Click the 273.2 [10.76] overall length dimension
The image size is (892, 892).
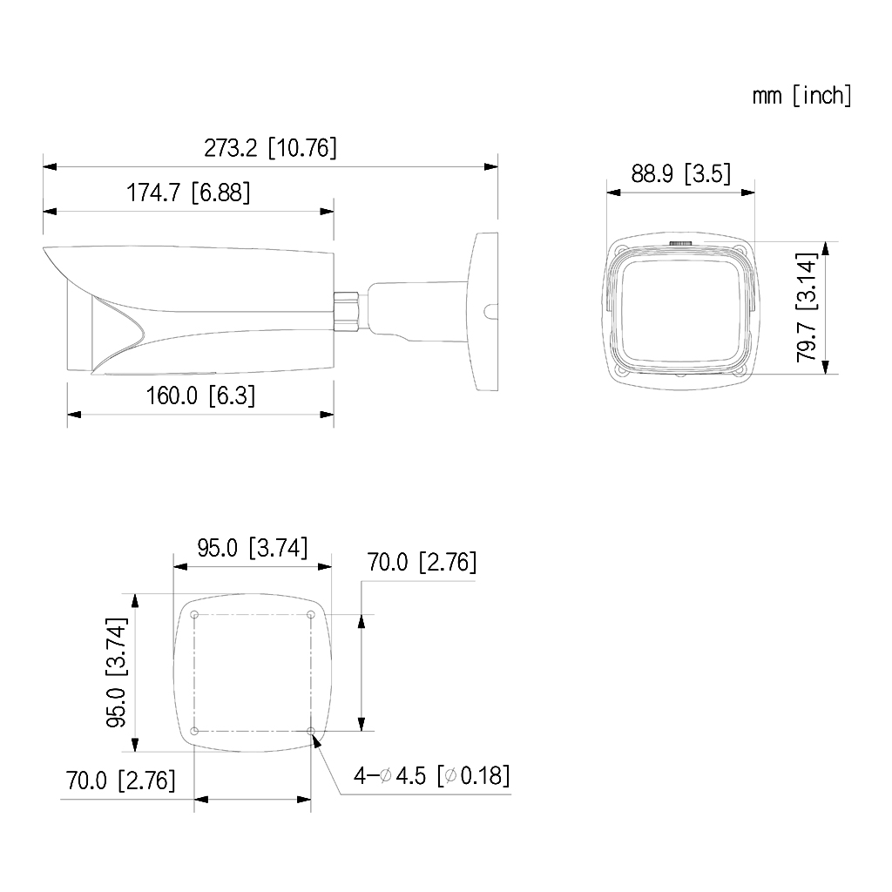pos(270,148)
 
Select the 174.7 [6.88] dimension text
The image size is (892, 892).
pos(188,193)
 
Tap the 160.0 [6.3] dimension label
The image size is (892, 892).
pos(200,395)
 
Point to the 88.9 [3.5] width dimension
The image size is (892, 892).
pos(680,173)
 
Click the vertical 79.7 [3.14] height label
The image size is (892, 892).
pos(807,307)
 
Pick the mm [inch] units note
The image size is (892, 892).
pos(802,96)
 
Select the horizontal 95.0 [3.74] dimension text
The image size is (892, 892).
pos(253,548)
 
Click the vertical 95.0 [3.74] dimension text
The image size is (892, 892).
pos(118,672)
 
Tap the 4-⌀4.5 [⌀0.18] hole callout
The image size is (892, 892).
pos(431,775)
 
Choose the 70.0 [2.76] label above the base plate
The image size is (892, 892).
pos(422,562)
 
